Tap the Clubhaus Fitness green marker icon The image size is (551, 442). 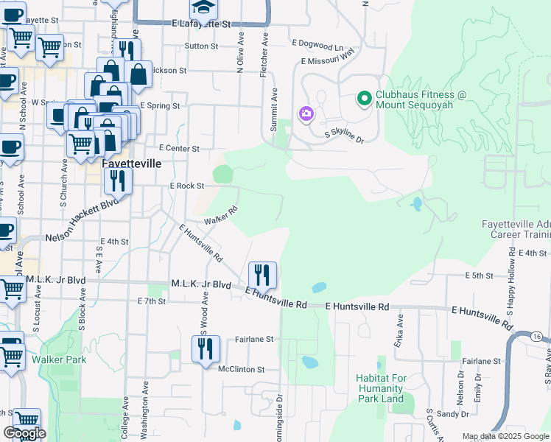pos(363,97)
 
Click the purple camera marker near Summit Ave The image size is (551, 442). pos(306,114)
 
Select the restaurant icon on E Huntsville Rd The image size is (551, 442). pos(262,275)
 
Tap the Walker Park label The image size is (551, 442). pos(58,359)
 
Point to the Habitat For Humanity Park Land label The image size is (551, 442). pos(380,388)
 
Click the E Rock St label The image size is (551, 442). pos(186,186)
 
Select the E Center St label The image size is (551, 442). pos(179,148)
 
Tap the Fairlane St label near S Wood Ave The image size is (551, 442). pos(254,340)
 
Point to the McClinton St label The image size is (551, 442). pos(241,369)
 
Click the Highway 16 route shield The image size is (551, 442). pos(536,336)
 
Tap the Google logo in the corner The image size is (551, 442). pos(24,433)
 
